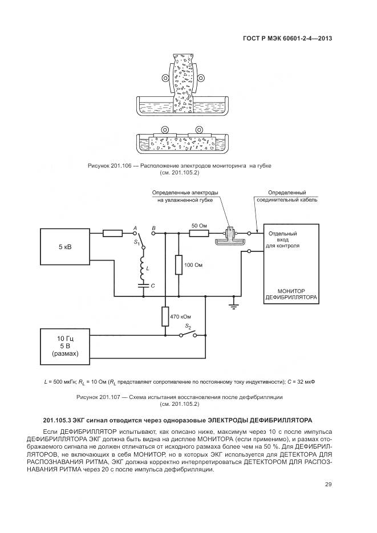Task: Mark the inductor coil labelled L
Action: [143, 267]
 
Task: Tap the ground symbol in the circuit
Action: [233, 307]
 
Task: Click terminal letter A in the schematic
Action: [135, 227]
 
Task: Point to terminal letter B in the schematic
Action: [153, 227]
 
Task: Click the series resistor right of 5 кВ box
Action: [112, 233]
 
